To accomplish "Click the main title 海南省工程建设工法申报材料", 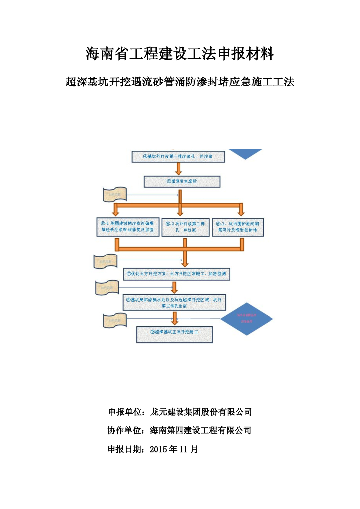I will (180, 54).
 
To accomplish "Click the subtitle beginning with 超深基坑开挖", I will (180, 82).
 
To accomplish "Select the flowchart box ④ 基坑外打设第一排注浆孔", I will (178, 156).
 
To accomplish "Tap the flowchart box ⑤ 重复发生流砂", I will (178, 181).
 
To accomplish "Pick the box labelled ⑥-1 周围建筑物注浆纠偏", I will (128, 227).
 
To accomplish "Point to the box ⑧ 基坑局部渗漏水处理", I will (178, 303).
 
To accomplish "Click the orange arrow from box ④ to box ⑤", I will (179, 169).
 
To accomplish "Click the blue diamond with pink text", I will (247, 319).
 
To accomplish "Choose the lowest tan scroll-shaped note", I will (114, 321).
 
